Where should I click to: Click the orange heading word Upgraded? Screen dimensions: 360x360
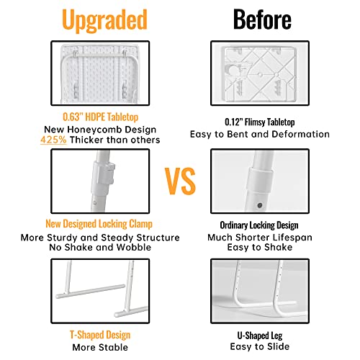pyautogui.click(x=104, y=21)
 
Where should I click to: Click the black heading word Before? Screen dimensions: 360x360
pyautogui.click(x=262, y=19)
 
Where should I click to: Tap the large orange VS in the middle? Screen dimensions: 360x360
pyautogui.click(x=180, y=181)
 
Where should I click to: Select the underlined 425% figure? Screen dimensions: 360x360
pyautogui.click(x=53, y=140)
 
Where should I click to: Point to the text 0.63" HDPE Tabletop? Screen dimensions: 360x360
pyautogui.click(x=100, y=117)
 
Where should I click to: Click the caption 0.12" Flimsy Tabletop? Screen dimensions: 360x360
pyautogui.click(x=260, y=122)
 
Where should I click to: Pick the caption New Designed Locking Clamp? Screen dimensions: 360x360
pyautogui.click(x=99, y=224)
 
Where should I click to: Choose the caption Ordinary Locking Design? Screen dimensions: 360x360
pyautogui.click(x=259, y=225)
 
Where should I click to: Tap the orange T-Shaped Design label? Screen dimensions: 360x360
pyautogui.click(x=100, y=335)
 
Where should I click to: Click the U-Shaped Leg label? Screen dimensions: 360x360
pyautogui.click(x=260, y=336)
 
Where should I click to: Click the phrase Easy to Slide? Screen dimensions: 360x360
pyautogui.click(x=260, y=347)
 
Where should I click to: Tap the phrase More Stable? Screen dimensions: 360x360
pyautogui.click(x=100, y=347)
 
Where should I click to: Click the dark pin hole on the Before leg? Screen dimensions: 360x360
pyautogui.click(x=259, y=205)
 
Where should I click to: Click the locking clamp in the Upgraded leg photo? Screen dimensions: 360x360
pyautogui.click(x=103, y=175)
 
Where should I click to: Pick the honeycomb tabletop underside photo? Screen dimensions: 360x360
pyautogui.click(x=100, y=73)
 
